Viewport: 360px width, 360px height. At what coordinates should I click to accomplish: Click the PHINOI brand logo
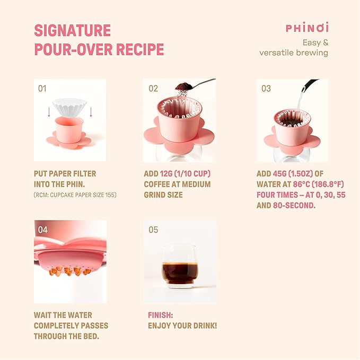(307, 28)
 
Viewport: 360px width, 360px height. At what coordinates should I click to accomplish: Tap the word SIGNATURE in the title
(72, 30)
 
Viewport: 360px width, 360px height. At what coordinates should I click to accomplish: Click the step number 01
(42, 89)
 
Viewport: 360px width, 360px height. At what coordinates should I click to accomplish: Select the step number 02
(154, 89)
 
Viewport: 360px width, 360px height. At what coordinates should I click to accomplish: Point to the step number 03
(266, 89)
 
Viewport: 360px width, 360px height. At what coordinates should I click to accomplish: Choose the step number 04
(43, 230)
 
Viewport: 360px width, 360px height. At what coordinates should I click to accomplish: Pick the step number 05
(154, 230)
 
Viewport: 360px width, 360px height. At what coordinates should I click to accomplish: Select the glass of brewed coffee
(179, 267)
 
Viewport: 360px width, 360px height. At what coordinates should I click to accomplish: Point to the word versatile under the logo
(283, 52)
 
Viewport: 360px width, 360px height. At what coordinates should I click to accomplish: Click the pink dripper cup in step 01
(69, 130)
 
